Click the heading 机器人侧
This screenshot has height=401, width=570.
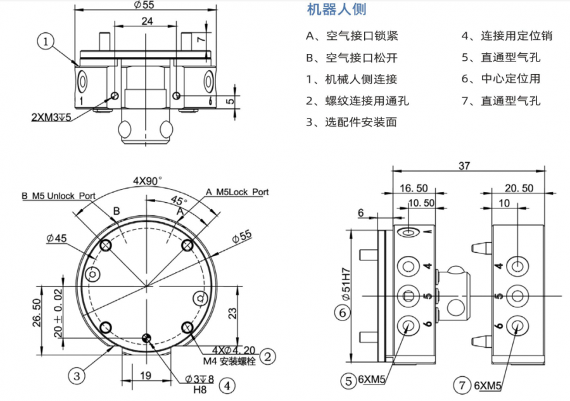pos(336,10)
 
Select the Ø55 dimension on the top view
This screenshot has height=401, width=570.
pos(146,4)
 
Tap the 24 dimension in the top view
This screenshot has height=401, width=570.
pos(146,21)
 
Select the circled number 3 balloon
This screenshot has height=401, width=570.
pos(76,376)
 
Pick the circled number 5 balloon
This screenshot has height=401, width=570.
pos(348,381)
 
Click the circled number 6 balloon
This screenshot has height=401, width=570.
pos(342,312)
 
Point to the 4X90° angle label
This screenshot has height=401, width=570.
pos(147,180)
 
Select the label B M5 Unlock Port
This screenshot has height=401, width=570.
pos(58,196)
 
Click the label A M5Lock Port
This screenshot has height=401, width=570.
pos(237,191)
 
